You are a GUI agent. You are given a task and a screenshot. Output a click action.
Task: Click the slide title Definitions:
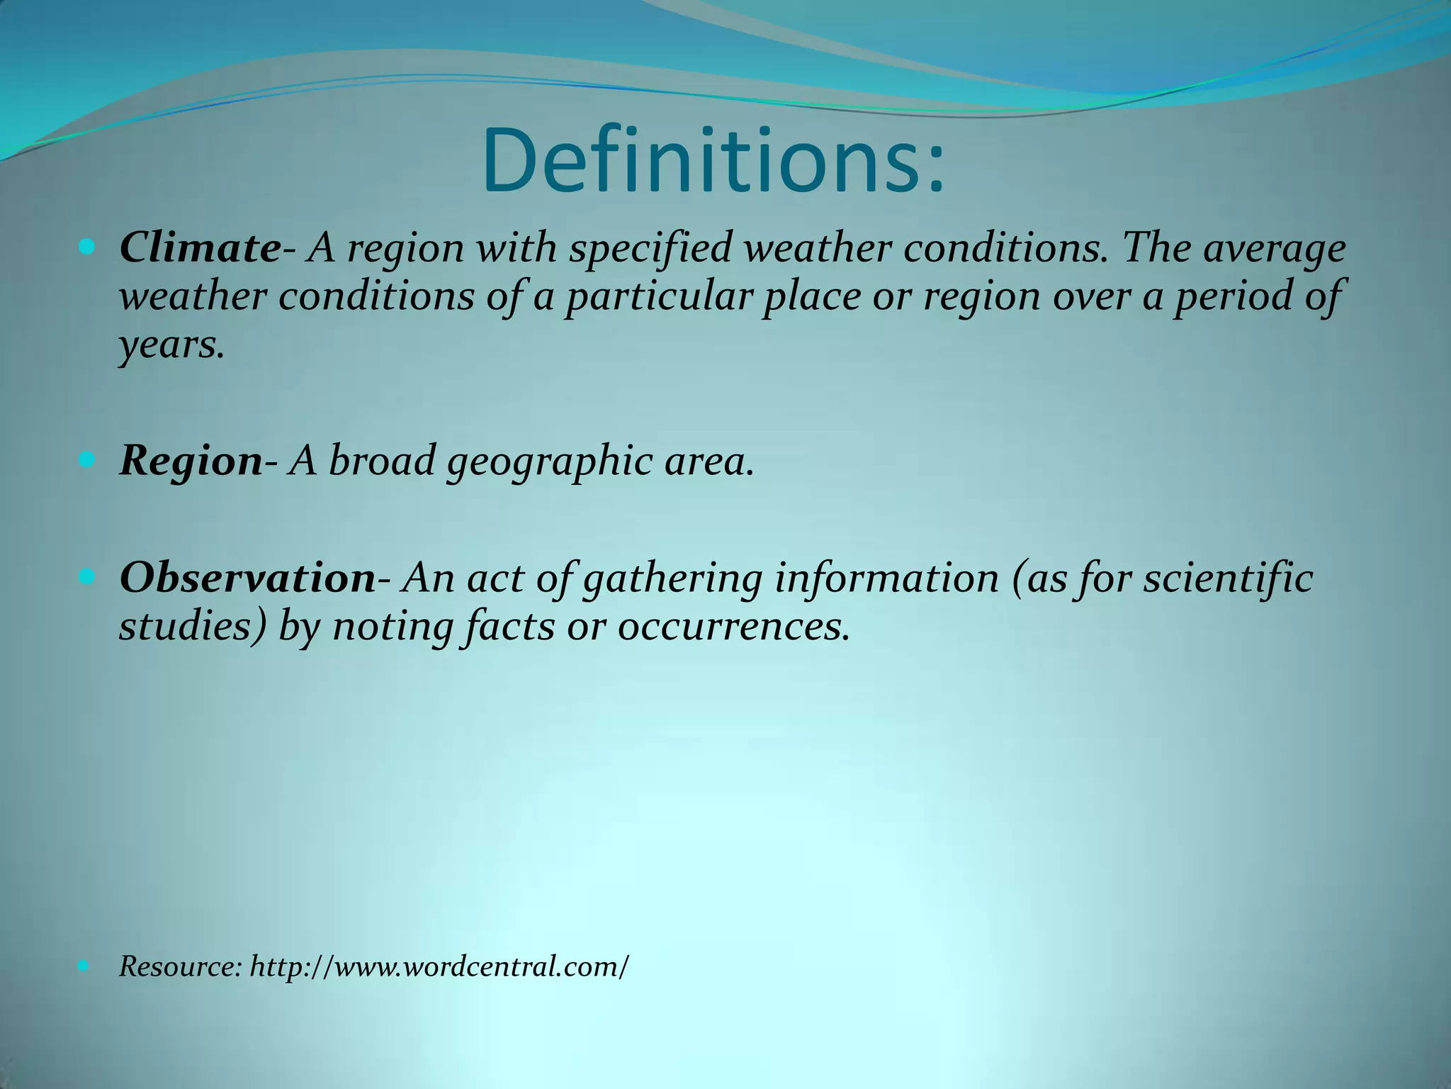point(713,162)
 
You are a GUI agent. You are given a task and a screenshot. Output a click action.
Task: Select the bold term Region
point(191,461)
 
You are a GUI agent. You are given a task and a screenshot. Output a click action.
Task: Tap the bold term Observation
point(247,577)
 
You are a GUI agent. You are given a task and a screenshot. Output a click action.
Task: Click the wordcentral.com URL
point(439,966)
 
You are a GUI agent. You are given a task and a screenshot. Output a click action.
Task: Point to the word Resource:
point(181,966)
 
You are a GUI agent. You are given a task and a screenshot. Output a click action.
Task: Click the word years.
point(171,345)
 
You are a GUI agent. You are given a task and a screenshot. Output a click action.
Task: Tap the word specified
point(650,248)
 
